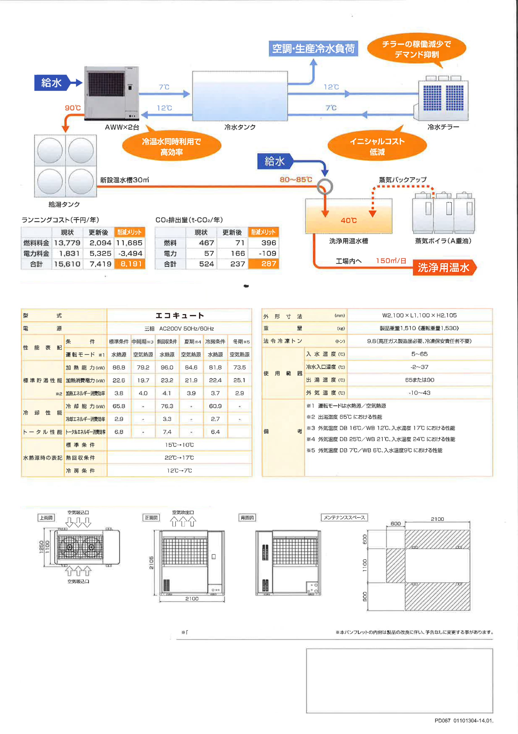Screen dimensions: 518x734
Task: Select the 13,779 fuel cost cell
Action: (67, 243)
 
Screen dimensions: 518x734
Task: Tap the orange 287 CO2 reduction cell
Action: (264, 264)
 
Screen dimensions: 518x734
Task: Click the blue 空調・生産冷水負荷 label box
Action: (313, 49)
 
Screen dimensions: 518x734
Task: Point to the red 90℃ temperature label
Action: (73, 108)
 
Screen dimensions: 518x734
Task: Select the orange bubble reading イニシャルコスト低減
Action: (377, 146)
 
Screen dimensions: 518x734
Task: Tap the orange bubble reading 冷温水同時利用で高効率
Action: (172, 146)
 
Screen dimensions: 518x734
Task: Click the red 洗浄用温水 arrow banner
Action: (444, 267)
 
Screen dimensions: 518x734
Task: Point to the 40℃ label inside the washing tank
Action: (348, 220)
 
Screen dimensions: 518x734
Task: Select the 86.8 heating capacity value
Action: (119, 367)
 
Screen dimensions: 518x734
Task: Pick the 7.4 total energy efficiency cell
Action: (167, 432)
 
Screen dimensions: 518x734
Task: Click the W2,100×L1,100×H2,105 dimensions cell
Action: (420, 315)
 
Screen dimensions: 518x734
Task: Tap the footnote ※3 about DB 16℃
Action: (381, 428)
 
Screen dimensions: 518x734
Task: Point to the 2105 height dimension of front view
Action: (152, 563)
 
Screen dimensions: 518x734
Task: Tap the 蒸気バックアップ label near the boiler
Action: (403, 180)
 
